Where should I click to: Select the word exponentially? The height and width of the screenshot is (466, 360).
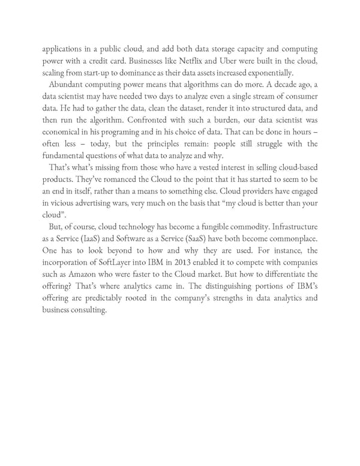click(x=266, y=73)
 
